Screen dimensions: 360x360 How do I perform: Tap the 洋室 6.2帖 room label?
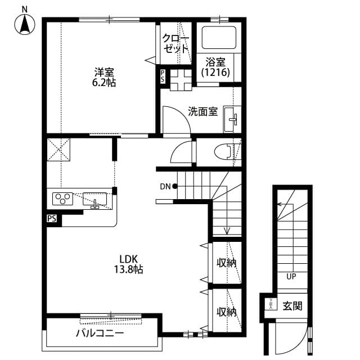click(x=105, y=77)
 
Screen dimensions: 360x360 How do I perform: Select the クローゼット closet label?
click(x=175, y=43)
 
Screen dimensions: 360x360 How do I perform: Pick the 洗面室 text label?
click(x=202, y=111)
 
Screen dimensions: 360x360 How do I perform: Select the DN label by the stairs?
click(x=165, y=186)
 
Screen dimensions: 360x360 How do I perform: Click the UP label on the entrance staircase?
click(x=291, y=277)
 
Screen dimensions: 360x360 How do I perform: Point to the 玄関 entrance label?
click(x=292, y=306)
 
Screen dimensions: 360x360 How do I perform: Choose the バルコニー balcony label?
click(x=100, y=333)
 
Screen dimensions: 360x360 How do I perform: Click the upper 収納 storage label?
click(x=226, y=262)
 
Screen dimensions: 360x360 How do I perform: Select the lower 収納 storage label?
click(x=226, y=311)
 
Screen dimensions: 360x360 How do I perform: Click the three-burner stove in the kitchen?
click(x=63, y=199)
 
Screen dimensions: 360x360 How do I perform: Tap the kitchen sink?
click(x=94, y=199)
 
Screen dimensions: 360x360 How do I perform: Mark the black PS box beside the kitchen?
click(x=51, y=219)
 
